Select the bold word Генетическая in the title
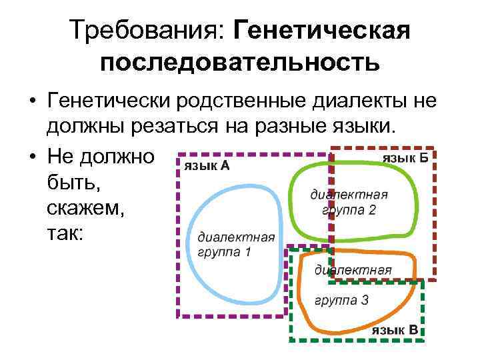click(319, 30)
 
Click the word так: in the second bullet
click(65, 235)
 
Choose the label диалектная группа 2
click(349, 202)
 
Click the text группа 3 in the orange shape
click(342, 300)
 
